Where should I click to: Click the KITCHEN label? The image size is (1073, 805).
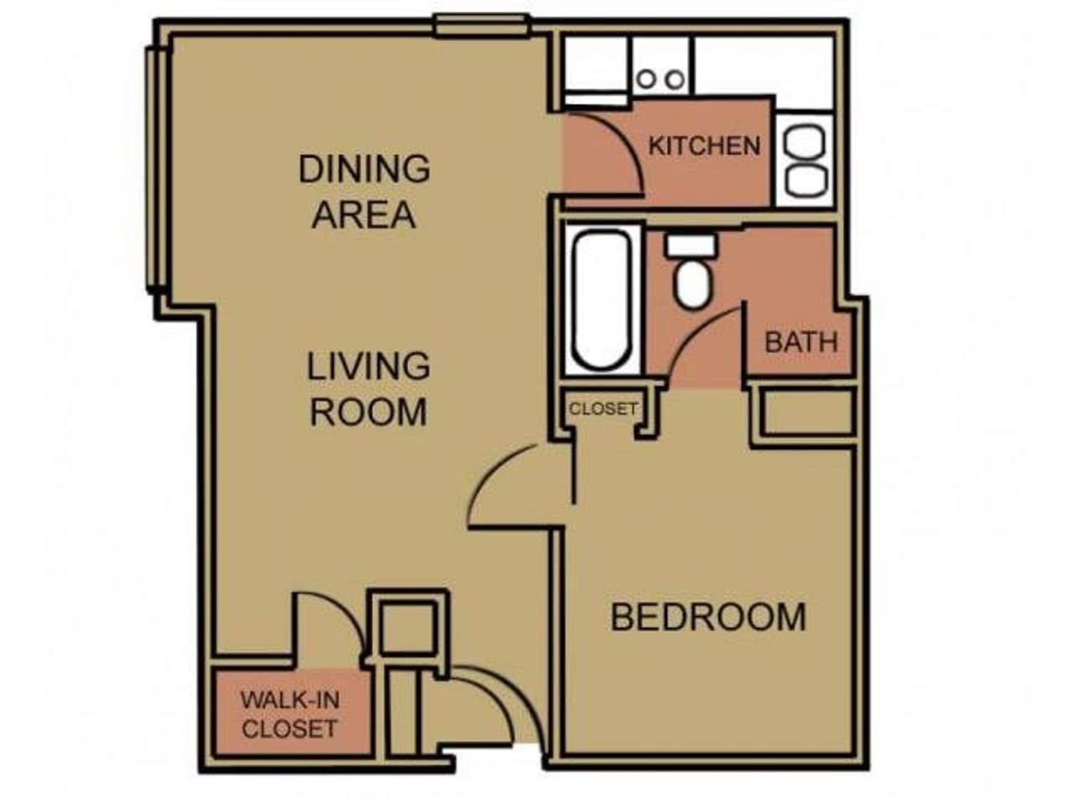tap(704, 146)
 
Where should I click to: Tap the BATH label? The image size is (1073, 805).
tap(801, 342)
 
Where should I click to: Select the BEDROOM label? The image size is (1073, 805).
tap(708, 617)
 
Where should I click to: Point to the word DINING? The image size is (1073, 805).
tap(364, 169)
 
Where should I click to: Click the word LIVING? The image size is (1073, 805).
tap(368, 367)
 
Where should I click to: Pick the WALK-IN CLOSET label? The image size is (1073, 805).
tap(289, 714)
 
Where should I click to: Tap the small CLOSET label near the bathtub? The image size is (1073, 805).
tap(603, 409)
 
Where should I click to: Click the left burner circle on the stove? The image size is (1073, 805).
tap(646, 79)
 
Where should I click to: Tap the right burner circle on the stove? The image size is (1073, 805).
tap(675, 79)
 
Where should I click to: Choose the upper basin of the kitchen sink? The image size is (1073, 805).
tap(805, 142)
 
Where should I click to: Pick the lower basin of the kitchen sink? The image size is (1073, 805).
tap(805, 179)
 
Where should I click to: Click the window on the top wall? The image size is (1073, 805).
tap(482, 26)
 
